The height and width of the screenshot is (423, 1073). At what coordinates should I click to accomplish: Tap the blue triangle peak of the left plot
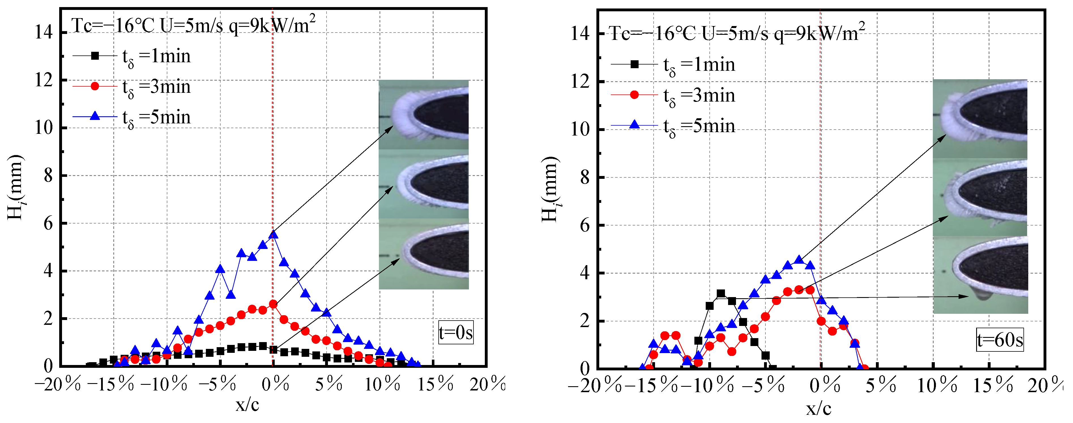pyautogui.click(x=273, y=234)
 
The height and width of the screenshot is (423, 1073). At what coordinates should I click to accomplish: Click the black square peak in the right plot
pyautogui.click(x=721, y=293)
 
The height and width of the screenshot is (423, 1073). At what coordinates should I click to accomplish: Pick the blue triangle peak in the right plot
pyautogui.click(x=799, y=260)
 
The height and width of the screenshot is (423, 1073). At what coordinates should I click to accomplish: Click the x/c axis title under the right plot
pyautogui.click(x=818, y=409)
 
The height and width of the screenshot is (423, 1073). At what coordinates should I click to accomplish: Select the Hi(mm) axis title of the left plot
pyautogui.click(x=16, y=187)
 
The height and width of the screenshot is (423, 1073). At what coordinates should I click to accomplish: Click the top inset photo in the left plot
pyautogui.click(x=424, y=115)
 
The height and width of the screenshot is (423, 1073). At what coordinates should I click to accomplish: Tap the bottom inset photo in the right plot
pyautogui.click(x=980, y=275)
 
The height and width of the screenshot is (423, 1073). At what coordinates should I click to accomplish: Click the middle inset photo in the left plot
pyautogui.click(x=424, y=184)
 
